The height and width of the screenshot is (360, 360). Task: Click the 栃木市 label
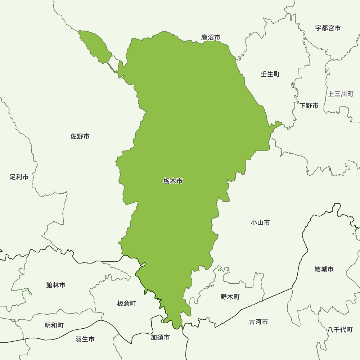coord(173,181)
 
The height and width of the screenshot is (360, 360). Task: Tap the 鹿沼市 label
coord(211,37)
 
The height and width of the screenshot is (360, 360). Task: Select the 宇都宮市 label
coord(328,28)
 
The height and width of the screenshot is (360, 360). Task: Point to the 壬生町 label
coord(270,74)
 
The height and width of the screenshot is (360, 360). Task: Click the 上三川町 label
coord(341,94)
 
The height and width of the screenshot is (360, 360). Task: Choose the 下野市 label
coord(309,106)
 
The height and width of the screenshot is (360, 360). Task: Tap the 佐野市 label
coord(80,136)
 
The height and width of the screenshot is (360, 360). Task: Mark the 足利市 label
coord(19,177)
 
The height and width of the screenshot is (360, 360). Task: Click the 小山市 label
coord(260,223)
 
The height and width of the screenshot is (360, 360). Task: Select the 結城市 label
coord(324,269)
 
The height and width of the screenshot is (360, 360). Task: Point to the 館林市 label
coord(56,285)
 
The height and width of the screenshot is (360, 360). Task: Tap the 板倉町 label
coord(127,304)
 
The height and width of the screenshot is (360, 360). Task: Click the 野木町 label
coord(230,297)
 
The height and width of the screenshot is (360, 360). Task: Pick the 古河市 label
coord(258,322)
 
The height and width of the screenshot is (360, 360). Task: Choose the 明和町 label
coord(54,325)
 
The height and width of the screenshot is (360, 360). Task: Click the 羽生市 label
coord(85,339)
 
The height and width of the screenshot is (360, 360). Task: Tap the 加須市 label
coord(160,338)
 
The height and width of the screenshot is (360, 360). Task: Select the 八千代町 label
coord(340,330)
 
